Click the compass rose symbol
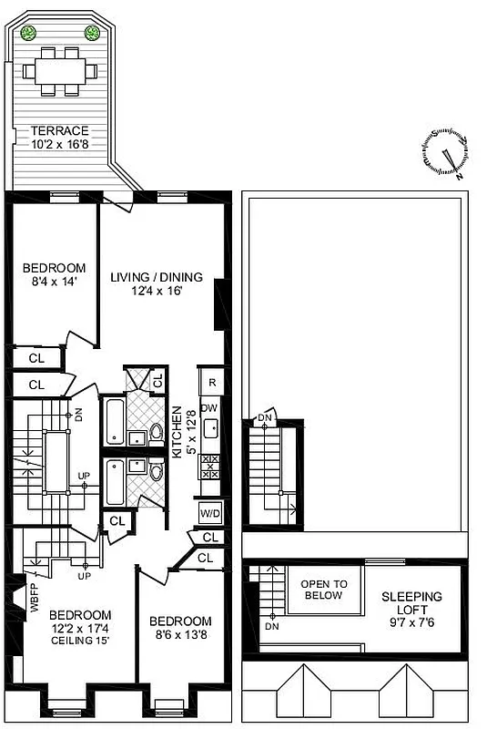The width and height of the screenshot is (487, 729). point(450,152)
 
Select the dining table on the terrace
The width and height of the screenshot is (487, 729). point(60,69)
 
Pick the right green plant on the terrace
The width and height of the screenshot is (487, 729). point(92,34)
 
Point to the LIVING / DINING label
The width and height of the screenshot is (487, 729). point(156,278)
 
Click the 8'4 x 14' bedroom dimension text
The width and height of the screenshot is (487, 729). point(55,283)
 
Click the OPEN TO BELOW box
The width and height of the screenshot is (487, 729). point(322,590)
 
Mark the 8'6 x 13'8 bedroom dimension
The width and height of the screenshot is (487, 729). point(181,636)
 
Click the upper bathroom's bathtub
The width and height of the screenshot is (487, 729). point(114,423)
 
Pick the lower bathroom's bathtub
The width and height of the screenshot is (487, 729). point(114,483)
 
